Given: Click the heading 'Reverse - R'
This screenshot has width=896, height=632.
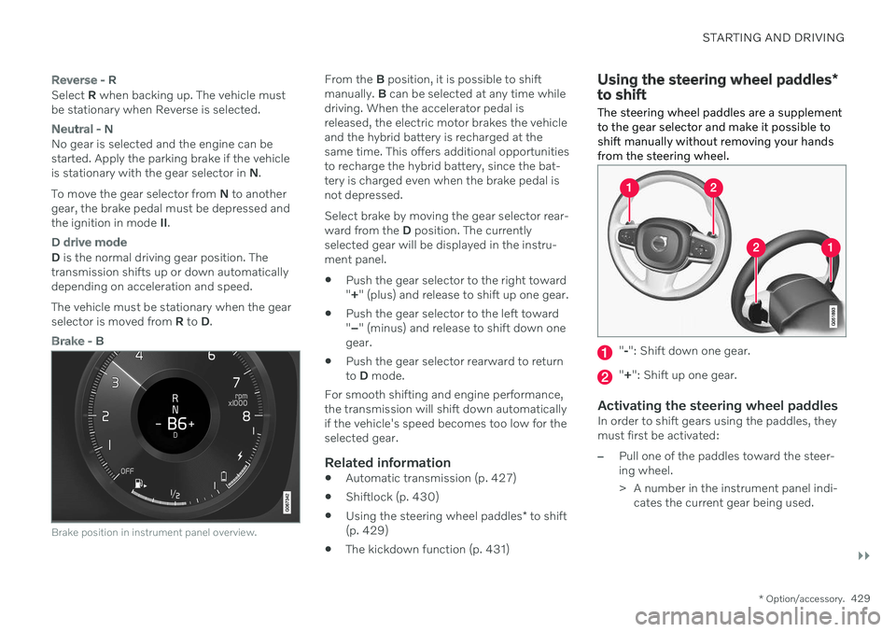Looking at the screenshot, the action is (83, 80).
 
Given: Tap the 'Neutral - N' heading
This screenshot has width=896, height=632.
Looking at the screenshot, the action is (82, 129).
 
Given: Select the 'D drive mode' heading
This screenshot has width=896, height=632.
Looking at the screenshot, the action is (90, 243).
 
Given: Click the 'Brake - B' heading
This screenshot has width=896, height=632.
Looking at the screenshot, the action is (77, 341).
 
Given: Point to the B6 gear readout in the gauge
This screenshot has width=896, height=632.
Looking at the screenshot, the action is (176, 424).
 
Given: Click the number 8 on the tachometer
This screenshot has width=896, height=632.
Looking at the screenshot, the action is (246, 416).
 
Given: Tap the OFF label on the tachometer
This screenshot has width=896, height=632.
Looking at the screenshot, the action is (127, 470).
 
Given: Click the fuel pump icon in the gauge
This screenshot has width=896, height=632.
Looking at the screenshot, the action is (139, 484).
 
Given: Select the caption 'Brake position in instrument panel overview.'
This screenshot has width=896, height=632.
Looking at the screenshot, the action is (154, 532).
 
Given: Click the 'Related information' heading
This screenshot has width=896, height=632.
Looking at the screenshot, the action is (387, 463).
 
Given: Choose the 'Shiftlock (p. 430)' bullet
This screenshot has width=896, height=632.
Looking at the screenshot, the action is (392, 498).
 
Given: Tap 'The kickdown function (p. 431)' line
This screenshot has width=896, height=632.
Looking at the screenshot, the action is (427, 550).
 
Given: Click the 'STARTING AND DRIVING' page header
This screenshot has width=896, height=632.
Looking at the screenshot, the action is (773, 37).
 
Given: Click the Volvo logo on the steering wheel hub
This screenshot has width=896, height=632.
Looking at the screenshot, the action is (660, 243).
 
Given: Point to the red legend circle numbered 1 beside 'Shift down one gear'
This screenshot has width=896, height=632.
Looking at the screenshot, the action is (605, 353).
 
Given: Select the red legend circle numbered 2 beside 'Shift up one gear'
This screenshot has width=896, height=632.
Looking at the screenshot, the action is (605, 377).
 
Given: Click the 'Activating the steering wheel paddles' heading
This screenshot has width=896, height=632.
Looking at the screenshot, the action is (717, 406).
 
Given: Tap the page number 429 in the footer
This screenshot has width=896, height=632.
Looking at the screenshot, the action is (860, 598).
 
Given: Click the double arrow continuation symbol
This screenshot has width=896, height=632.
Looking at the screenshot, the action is (863, 556).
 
